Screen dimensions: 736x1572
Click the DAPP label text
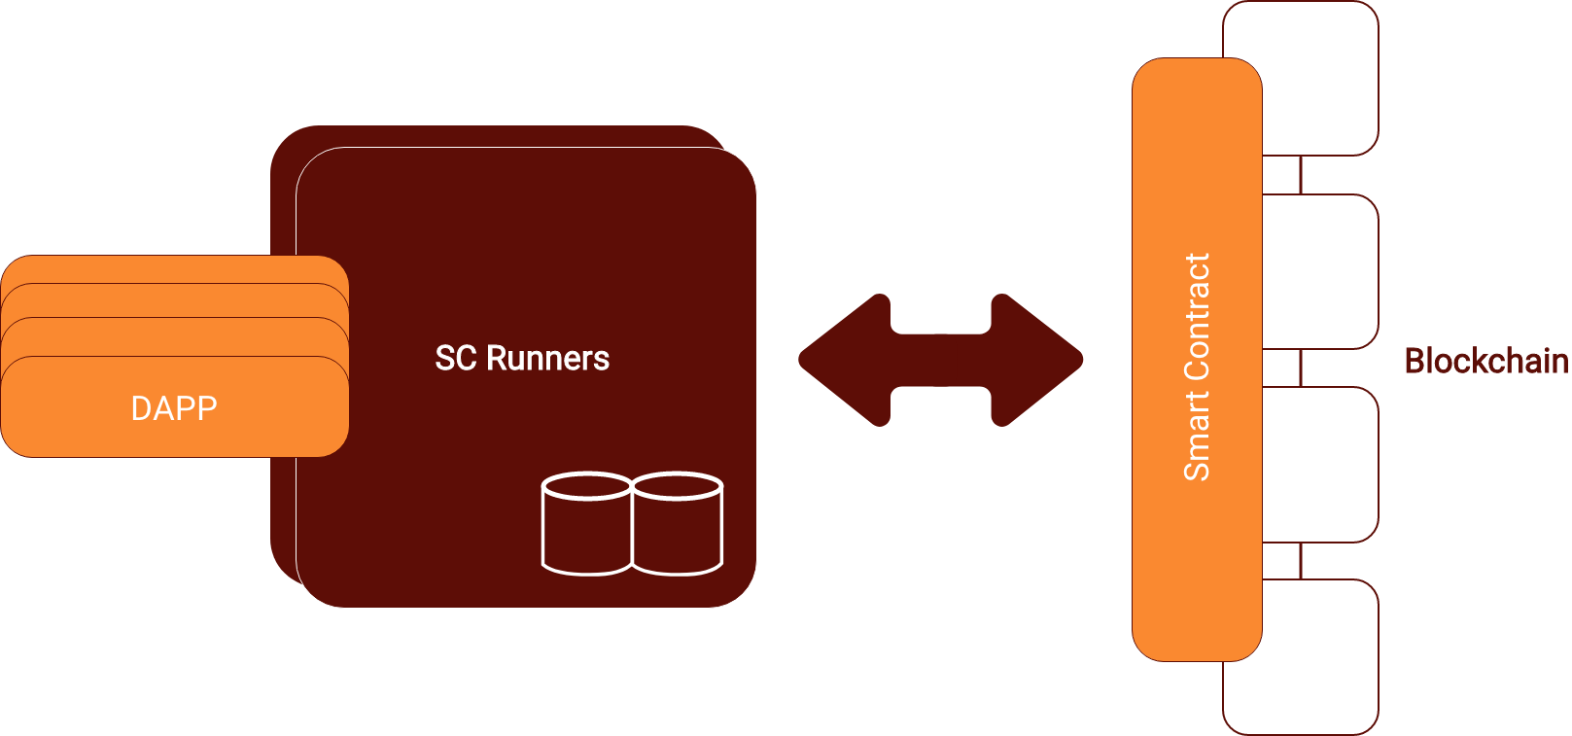click(x=174, y=408)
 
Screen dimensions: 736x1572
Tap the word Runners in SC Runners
click(x=547, y=359)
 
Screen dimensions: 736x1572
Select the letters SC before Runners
click(x=456, y=359)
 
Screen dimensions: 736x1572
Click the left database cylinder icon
click(x=586, y=525)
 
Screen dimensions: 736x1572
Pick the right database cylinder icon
click(x=678, y=525)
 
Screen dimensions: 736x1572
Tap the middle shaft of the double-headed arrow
click(x=940, y=360)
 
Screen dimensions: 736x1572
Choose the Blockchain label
click(x=1486, y=362)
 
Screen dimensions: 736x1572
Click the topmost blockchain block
click(x=1322, y=78)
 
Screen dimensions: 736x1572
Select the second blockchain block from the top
click(x=1322, y=271)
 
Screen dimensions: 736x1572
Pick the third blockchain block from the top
click(x=1322, y=464)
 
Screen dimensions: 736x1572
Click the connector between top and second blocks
click(x=1301, y=175)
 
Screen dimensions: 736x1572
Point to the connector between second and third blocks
click(x=1301, y=368)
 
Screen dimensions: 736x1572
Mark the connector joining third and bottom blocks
click(x=1301, y=561)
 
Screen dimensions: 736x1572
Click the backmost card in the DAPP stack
click(x=175, y=268)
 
